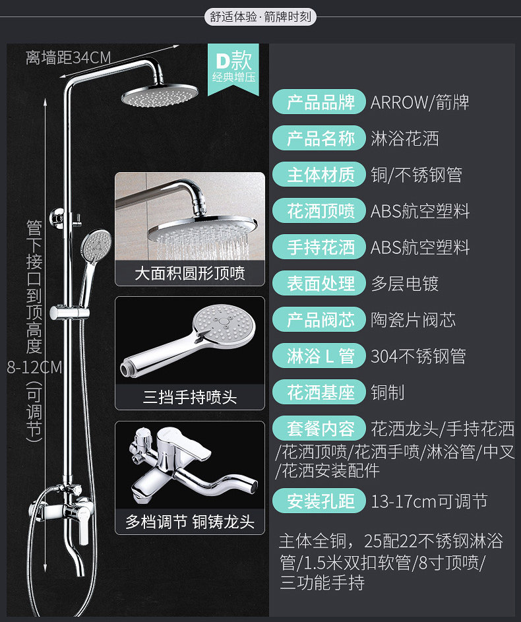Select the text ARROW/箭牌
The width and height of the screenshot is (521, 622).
coord(419,102)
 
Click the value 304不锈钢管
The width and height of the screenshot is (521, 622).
coord(418,356)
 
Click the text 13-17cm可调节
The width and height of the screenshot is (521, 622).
coord(429,501)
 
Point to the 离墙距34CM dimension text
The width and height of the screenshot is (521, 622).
coord(69,58)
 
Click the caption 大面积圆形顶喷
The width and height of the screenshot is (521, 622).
coord(190,273)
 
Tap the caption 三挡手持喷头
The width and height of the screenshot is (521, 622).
coord(190,397)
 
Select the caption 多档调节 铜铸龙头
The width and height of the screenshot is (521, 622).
coord(190,522)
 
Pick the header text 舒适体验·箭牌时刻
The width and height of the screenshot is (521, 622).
coord(260,16)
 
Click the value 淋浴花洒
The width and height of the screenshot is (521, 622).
coord(404,139)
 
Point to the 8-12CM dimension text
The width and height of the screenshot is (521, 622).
coord(34,367)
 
